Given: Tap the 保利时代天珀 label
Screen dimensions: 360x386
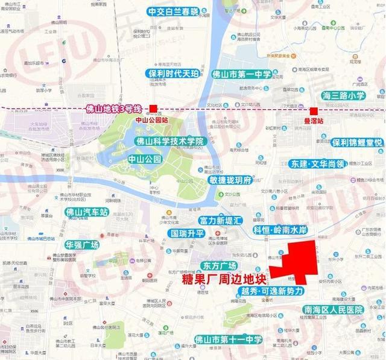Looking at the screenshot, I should pos(172,74).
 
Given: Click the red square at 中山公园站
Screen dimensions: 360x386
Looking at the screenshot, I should pos(154,109).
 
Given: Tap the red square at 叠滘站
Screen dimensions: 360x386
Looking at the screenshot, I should pos(314,111).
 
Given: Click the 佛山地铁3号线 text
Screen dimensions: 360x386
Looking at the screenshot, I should pos(113,109).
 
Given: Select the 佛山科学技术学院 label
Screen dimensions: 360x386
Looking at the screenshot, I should pos(171,141).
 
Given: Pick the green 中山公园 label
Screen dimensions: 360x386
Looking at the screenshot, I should pos(145,159).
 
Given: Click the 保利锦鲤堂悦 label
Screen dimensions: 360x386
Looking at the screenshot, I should pos(357,143).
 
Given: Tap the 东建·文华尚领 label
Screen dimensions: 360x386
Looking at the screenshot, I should pos(318,163).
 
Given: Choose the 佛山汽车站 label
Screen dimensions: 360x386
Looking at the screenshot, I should pos(87,212).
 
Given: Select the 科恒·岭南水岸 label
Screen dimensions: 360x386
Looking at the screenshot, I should pos(280,230).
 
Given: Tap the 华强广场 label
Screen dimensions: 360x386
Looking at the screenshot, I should pos(82,245).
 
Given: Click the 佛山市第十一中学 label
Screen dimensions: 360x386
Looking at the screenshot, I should pos(229,340).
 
